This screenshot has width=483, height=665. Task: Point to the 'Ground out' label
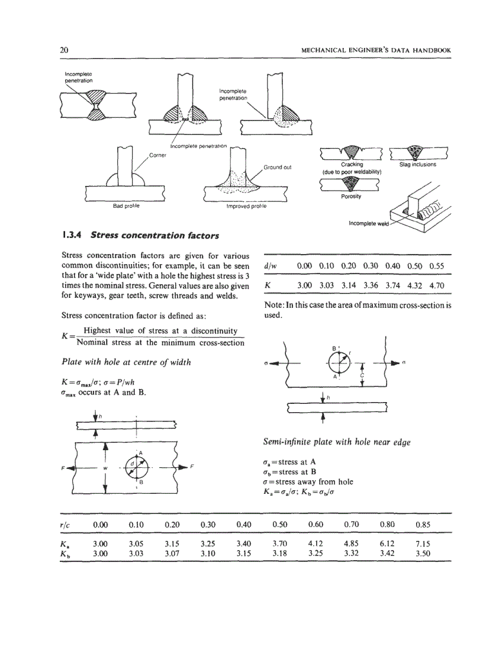[x=277, y=167]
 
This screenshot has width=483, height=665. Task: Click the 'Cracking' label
[x=352, y=165]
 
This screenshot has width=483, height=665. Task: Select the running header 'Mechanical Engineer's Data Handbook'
[x=376, y=50]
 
